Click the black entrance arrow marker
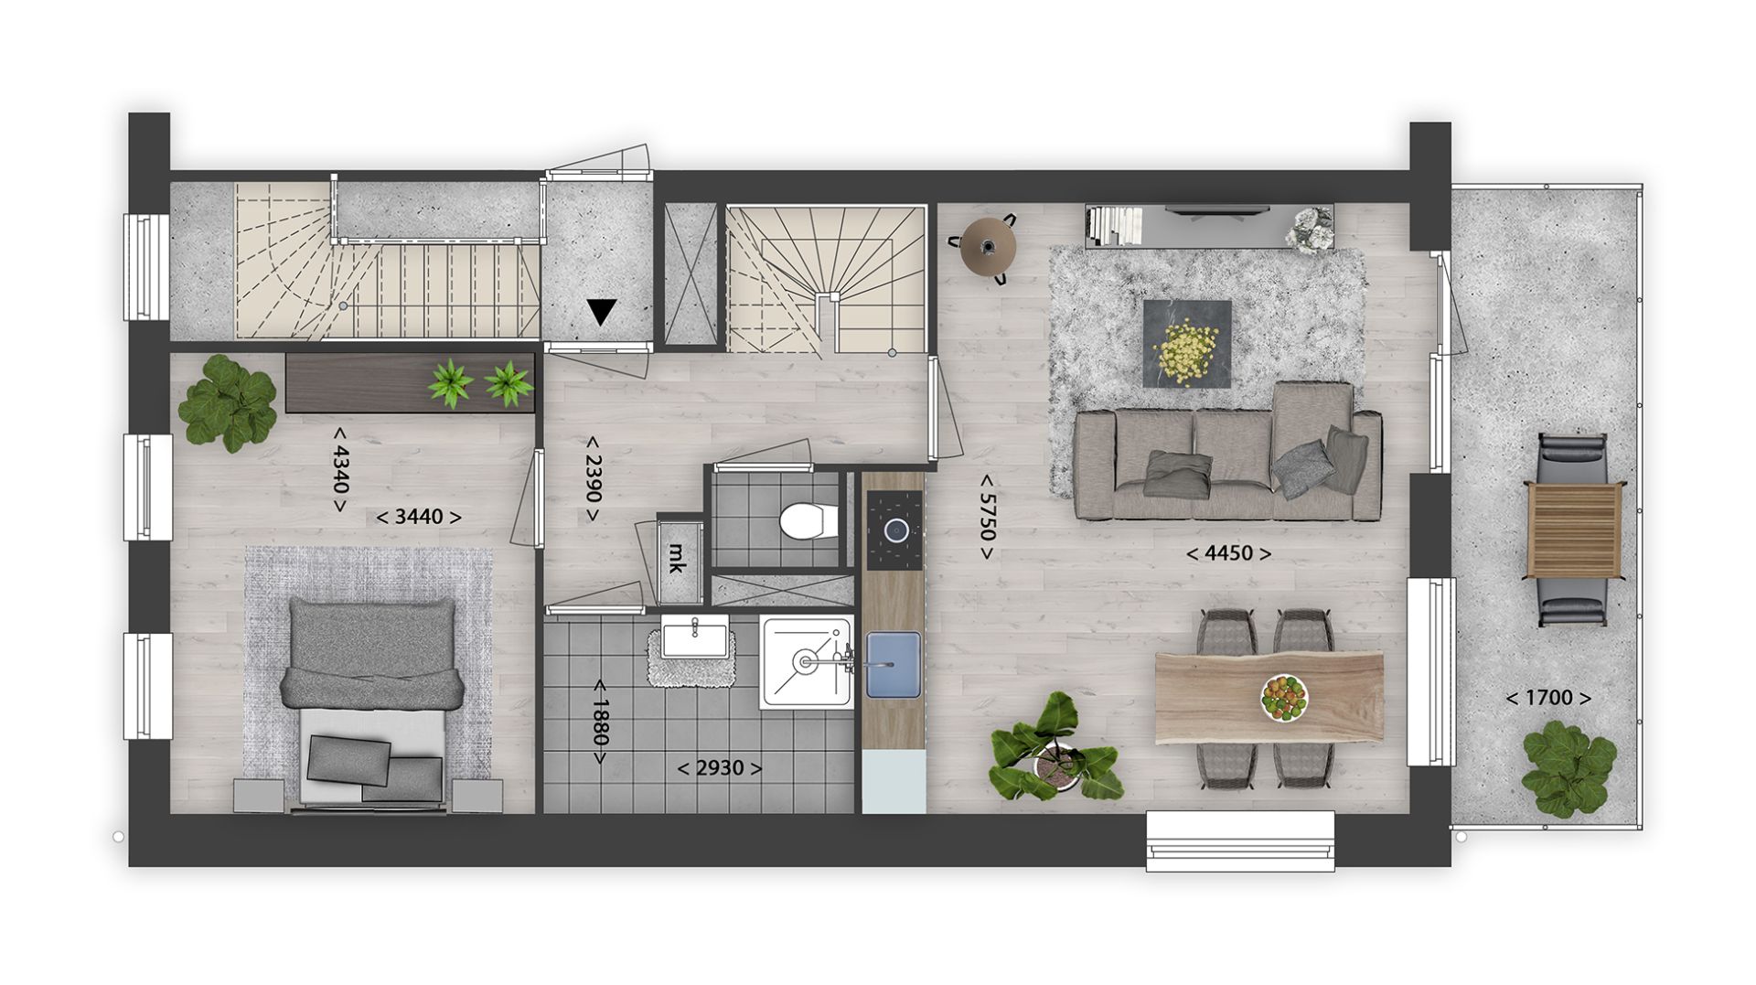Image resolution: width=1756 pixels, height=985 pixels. pos(602,313)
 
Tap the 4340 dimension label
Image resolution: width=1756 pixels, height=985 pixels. pos(340,469)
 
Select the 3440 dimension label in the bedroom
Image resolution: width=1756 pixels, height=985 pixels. pos(419,517)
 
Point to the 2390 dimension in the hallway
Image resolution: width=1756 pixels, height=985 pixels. pos(593,478)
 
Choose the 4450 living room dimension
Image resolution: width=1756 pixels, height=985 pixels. pos(1229,553)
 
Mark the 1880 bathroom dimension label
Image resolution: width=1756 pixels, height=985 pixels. pos(599,723)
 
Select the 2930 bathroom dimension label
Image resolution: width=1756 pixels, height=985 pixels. pos(720,768)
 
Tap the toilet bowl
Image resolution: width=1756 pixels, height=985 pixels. pos(805,521)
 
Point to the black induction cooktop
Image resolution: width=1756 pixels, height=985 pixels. pos(894,530)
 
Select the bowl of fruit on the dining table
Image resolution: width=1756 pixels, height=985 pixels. pos(1284,699)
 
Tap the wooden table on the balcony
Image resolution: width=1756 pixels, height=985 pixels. pos(1574,530)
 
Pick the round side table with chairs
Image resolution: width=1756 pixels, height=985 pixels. pos(989,246)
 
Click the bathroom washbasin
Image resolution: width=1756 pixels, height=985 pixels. pos(696,636)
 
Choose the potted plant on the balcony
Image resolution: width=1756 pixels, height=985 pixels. pos(1569,768)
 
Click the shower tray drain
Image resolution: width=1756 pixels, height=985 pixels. pos(806,660)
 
